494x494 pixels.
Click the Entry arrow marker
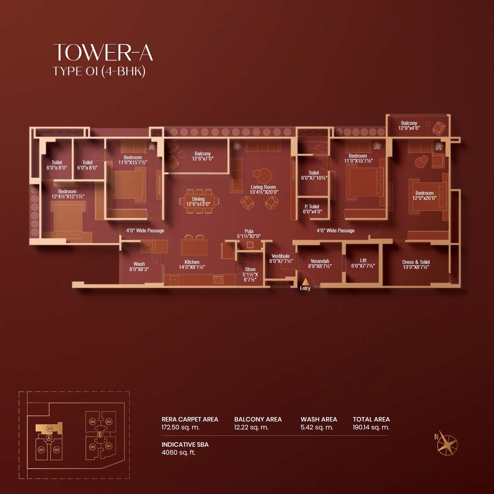click(x=305, y=282)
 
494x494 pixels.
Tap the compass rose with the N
click(x=447, y=445)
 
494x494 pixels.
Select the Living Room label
click(x=263, y=189)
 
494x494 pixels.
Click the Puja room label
click(x=249, y=234)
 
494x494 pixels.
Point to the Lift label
click(x=363, y=263)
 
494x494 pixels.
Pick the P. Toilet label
click(x=312, y=209)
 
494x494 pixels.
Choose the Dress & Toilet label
click(x=416, y=264)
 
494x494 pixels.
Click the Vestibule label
click(x=281, y=259)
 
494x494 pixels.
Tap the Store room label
click(x=250, y=274)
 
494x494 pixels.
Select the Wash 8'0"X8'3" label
click(x=139, y=266)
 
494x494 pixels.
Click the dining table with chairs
click(x=198, y=201)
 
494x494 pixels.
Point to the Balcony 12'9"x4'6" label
click(x=409, y=125)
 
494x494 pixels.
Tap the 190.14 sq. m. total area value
click(x=371, y=427)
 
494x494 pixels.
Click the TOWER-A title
click(x=103, y=52)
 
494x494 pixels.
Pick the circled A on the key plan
click(x=49, y=438)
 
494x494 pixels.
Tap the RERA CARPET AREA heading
click(x=190, y=419)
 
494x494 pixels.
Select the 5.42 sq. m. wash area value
click(x=317, y=427)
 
